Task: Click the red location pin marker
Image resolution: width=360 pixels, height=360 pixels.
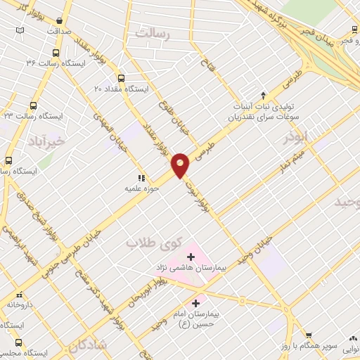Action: tap(181, 165)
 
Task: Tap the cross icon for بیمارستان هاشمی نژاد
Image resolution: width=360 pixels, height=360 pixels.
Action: tap(191, 257)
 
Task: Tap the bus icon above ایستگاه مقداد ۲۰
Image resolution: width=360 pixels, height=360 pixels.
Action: tap(121, 78)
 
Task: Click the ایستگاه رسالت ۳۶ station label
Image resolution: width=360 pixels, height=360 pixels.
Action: tap(50, 63)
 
